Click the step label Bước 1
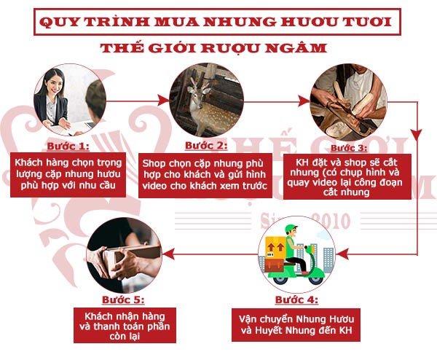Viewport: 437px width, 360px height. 68,146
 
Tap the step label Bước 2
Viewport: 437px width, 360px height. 206,145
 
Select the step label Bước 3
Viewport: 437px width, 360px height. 349,148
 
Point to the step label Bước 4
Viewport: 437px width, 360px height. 296,300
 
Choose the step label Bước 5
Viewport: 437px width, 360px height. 123,300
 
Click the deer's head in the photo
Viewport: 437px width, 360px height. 197,93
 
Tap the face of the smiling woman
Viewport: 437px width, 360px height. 53,84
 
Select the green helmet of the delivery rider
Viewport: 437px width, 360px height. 291,229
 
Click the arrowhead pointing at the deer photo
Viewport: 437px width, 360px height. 162,100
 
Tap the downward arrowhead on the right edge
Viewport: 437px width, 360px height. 417,135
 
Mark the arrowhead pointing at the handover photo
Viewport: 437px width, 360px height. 169,254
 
